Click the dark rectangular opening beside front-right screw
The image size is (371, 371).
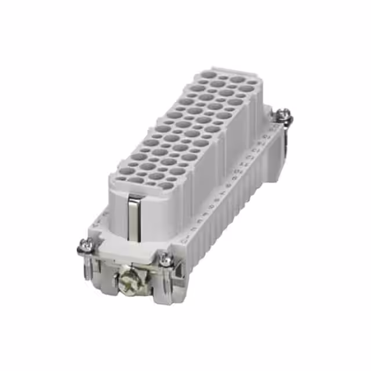point(177,268)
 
